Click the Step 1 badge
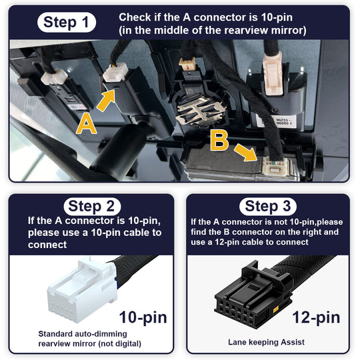(x=67, y=22)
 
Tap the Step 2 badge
(x=92, y=207)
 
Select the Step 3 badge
(x=268, y=207)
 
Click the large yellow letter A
(x=86, y=124)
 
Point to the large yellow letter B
(x=219, y=141)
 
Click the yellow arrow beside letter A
(x=106, y=100)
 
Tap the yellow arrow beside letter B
(x=246, y=152)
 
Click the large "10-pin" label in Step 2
(x=143, y=317)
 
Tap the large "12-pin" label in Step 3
(x=316, y=317)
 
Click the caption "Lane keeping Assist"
(x=266, y=342)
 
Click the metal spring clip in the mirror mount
(x=200, y=112)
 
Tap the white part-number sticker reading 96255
(x=277, y=121)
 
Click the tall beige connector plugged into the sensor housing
(x=273, y=74)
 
